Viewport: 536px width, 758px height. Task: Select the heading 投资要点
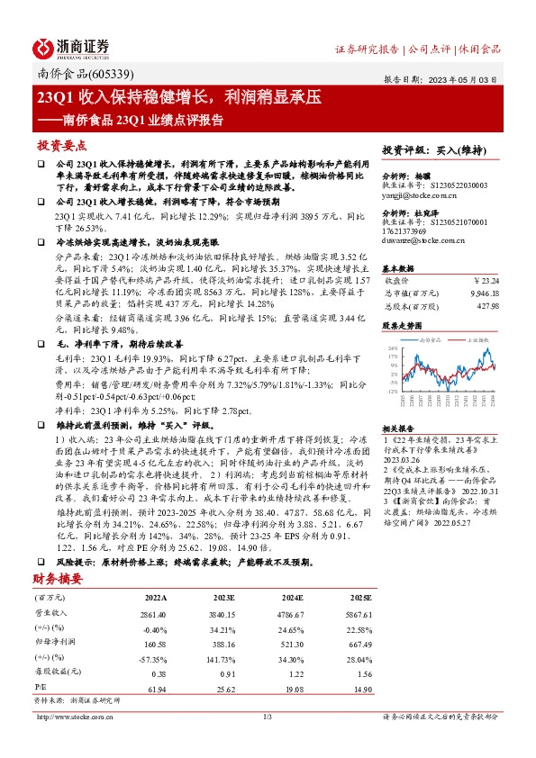[x=62, y=144]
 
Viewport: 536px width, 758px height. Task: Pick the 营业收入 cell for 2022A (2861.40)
[x=150, y=613]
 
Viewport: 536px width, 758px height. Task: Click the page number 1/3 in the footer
[x=268, y=717]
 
